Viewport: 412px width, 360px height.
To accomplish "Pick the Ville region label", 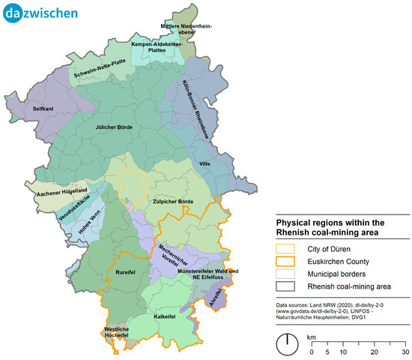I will click(x=206, y=163).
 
